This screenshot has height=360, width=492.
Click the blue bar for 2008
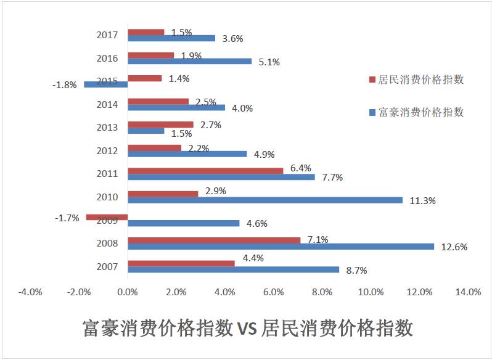coord(281,247)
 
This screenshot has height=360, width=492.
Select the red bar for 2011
coord(205,170)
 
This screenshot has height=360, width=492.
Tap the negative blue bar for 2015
coord(105,84)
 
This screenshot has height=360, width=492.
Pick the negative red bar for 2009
coord(107,217)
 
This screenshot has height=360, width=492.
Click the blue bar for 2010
coord(265,200)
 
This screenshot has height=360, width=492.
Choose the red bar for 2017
coord(146,32)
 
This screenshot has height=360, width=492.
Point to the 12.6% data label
coord(454,247)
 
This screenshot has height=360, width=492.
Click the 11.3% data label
coord(422,200)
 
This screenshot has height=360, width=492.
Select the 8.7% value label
coord(357,270)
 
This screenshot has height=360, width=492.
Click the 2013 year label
coord(107,128)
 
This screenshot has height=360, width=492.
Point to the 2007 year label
coord(107,266)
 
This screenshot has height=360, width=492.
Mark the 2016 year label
coord(107,59)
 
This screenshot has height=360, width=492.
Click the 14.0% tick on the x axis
coord(468,292)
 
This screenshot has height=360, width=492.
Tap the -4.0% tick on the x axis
coord(30,292)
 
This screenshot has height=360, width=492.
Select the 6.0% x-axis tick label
coord(273,292)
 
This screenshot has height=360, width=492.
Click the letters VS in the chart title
coord(246,327)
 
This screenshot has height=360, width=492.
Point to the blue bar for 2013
coord(146,131)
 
